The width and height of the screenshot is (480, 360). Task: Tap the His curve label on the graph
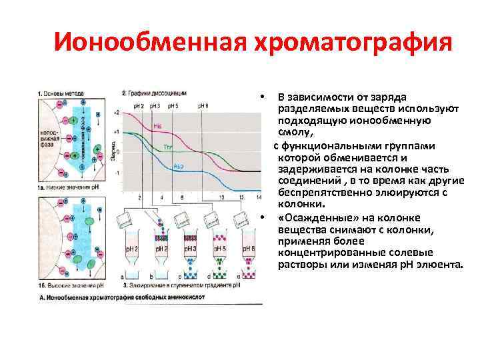coord(157,125)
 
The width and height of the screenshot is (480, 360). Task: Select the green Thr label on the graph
coord(167,145)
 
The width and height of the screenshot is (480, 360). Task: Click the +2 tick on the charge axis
coord(117,113)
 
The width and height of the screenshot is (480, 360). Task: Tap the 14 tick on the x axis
coord(258,198)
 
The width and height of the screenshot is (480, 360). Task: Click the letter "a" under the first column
coord(122,276)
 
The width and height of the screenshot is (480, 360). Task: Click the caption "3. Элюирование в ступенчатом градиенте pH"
coord(181,285)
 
